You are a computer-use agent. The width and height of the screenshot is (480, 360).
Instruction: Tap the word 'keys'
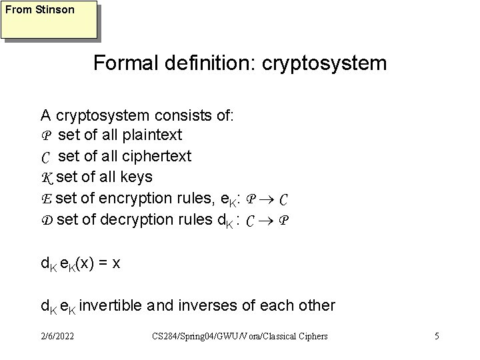138,177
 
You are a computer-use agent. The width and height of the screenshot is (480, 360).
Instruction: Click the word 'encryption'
139,198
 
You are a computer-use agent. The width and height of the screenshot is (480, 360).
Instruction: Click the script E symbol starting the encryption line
46,198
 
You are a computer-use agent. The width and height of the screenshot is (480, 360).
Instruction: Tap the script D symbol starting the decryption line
47,219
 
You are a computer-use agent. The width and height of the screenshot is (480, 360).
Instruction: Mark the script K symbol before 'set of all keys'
47,177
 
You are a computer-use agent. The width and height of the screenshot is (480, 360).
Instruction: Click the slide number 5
436,336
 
